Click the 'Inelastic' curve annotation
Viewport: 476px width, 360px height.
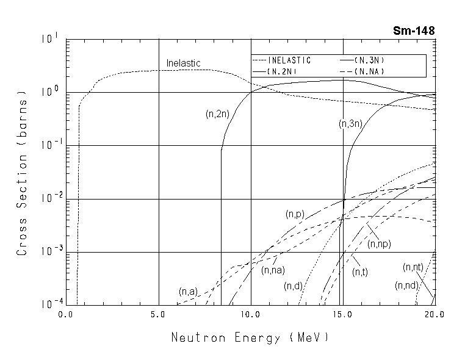click(x=183, y=63)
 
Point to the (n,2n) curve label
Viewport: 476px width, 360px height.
click(x=217, y=113)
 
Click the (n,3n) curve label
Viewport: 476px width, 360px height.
click(x=351, y=124)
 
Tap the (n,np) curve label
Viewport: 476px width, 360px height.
click(x=379, y=243)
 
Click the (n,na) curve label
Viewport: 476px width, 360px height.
click(x=273, y=270)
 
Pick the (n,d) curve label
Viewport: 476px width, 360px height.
click(x=293, y=286)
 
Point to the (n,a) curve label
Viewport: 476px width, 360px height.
click(x=187, y=292)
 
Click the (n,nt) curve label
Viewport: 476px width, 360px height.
click(x=413, y=267)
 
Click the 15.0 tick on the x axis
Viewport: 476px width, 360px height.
click(x=342, y=315)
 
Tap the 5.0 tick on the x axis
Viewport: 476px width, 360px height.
click(x=158, y=315)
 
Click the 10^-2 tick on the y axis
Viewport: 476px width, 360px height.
click(x=49, y=198)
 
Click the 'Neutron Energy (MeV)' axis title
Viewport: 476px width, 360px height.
click(x=250, y=337)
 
